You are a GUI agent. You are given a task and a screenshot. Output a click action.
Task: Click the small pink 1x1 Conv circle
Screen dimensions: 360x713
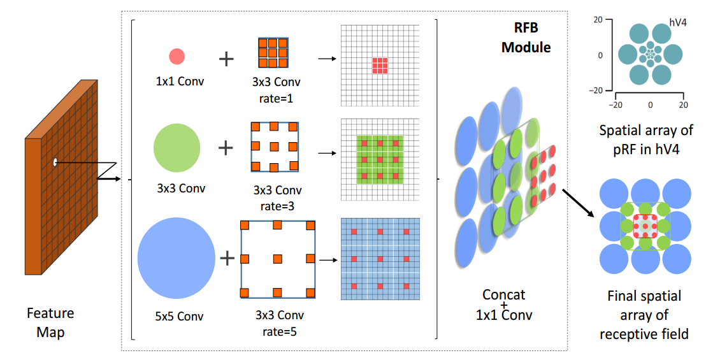tap(176, 57)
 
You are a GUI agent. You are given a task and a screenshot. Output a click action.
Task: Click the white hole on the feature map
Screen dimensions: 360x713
tap(55, 162)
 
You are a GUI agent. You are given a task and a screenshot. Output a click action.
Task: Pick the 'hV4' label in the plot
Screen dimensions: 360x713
tap(677, 22)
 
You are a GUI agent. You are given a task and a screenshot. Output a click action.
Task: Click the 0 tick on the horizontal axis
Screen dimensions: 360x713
tap(650, 104)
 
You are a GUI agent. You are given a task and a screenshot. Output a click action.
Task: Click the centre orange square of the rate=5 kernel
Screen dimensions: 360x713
tap(277, 259)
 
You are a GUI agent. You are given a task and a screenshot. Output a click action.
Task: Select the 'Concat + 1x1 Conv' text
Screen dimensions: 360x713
tap(504, 305)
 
